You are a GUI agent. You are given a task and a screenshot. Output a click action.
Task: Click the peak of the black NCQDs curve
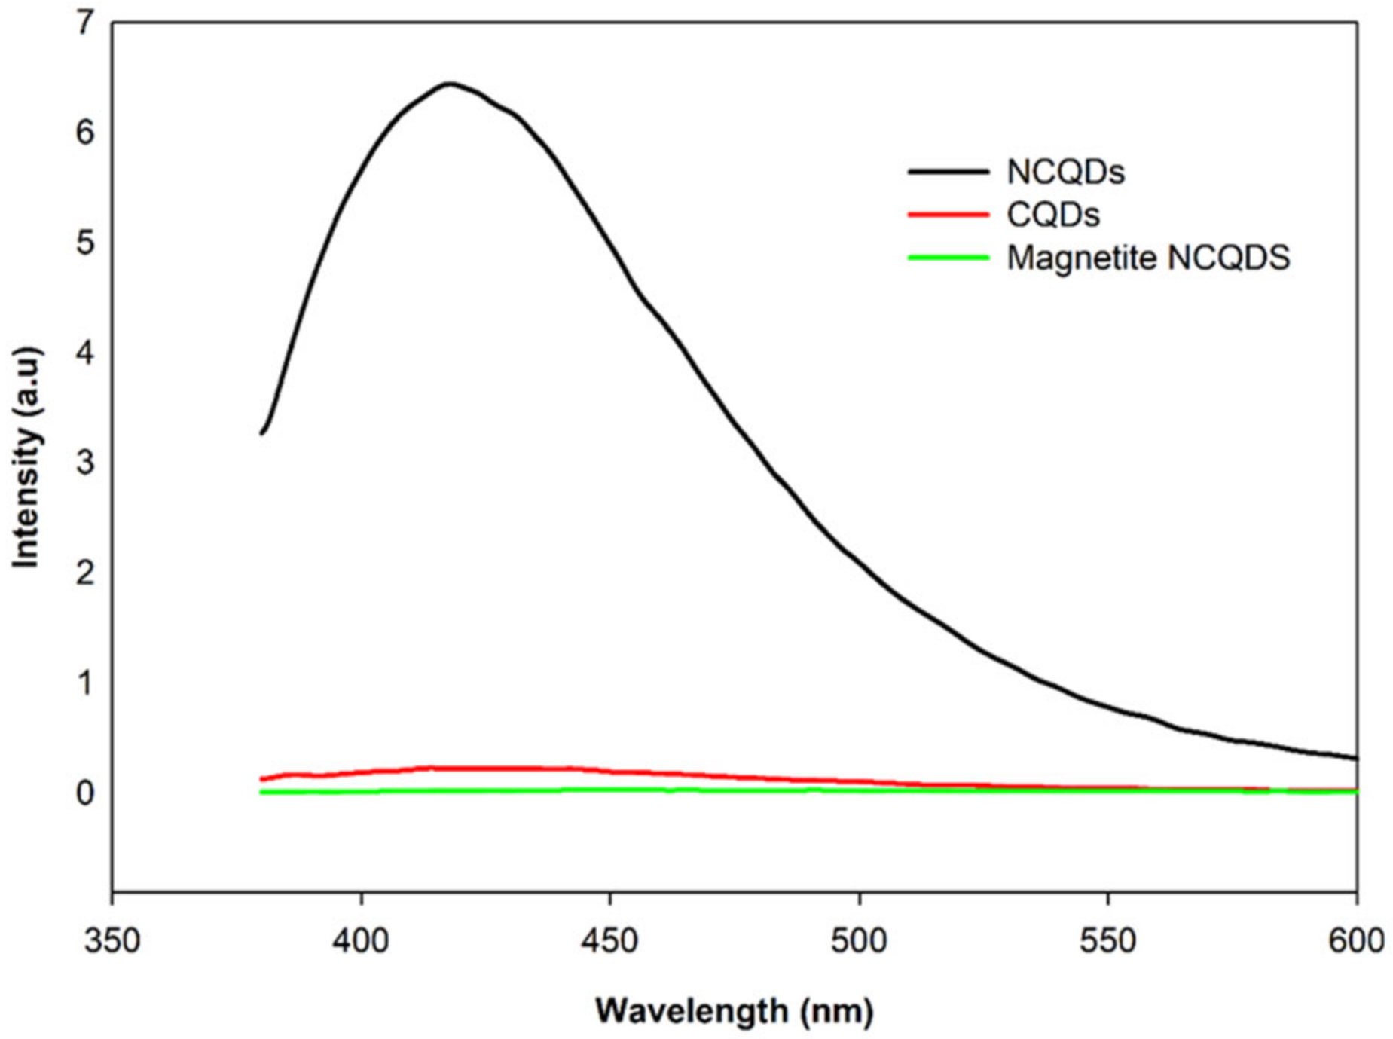click(450, 84)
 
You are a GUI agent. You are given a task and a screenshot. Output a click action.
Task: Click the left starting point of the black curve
click(261, 433)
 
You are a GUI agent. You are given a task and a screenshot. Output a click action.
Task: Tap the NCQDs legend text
click(1065, 172)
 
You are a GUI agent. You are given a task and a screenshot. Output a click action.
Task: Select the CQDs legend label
click(1052, 215)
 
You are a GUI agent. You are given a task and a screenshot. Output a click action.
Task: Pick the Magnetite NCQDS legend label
click(1147, 258)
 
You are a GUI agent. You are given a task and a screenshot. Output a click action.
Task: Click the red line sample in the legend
click(948, 215)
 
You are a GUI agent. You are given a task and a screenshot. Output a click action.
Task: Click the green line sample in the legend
click(948, 258)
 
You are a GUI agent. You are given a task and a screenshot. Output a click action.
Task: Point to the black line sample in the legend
click(948, 172)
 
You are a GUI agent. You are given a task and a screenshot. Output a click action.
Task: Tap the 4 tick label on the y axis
click(85, 353)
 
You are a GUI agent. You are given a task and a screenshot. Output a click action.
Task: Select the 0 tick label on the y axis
click(85, 793)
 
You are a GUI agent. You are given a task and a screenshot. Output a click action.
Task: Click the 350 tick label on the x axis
click(112, 940)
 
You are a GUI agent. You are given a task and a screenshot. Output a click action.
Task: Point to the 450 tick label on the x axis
click(610, 940)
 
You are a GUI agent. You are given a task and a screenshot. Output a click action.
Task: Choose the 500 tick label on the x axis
click(859, 940)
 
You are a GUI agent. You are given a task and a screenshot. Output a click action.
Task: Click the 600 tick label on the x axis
click(1356, 940)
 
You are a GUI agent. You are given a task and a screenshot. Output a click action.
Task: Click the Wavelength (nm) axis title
click(735, 1010)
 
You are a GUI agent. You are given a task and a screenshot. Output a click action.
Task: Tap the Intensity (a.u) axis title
click(26, 457)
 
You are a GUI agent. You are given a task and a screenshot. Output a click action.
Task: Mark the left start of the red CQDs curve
click(261, 779)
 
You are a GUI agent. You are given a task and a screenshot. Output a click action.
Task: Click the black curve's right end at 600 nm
click(1355, 758)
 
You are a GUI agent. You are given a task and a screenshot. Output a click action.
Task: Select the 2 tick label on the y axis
click(85, 573)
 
